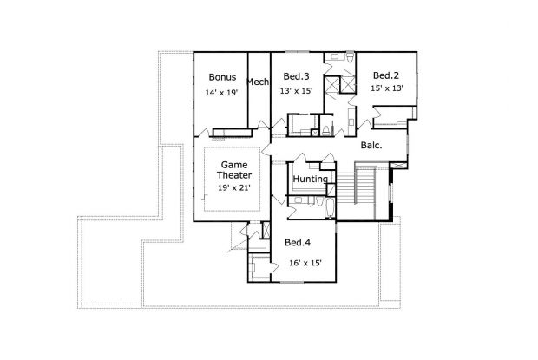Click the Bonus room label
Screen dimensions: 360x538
(x=222, y=77)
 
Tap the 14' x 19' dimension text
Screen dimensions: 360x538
(x=222, y=92)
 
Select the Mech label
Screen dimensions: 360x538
(x=258, y=82)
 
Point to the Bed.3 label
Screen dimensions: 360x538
(x=297, y=75)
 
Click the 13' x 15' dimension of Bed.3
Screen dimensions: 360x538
(x=296, y=90)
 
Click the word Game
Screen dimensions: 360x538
(x=234, y=163)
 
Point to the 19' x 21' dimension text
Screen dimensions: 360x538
(x=234, y=187)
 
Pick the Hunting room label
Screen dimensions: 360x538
(x=310, y=180)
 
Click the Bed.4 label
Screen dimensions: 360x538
(x=298, y=241)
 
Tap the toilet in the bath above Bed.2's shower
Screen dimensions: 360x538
(x=347, y=58)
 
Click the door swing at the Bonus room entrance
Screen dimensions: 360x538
(x=201, y=132)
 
